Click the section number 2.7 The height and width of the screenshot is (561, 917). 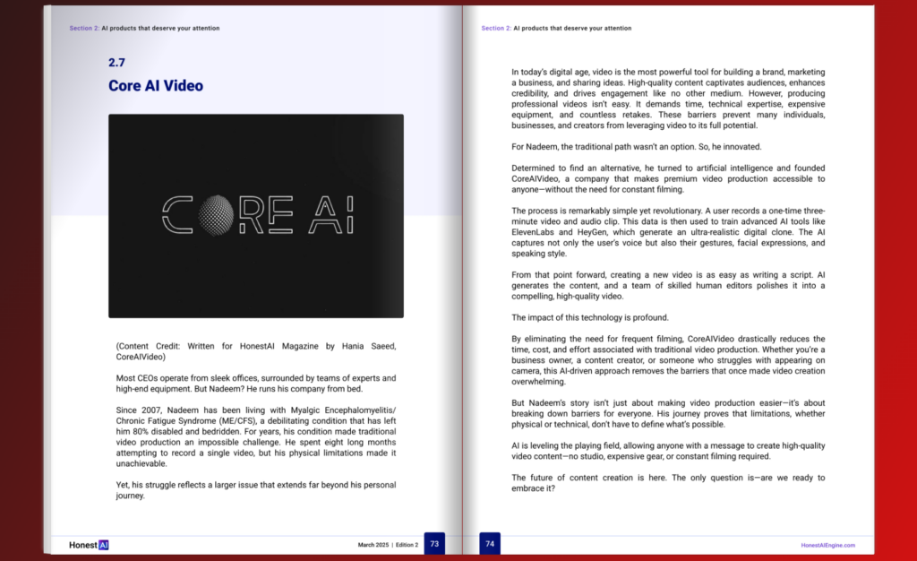(116, 63)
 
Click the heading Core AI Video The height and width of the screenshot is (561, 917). (156, 86)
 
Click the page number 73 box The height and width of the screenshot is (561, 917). (434, 543)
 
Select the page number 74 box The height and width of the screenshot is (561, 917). (490, 543)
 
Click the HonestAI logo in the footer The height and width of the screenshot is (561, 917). (89, 544)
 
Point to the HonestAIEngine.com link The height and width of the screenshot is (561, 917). (827, 545)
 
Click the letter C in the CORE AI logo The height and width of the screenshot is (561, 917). (177, 215)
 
